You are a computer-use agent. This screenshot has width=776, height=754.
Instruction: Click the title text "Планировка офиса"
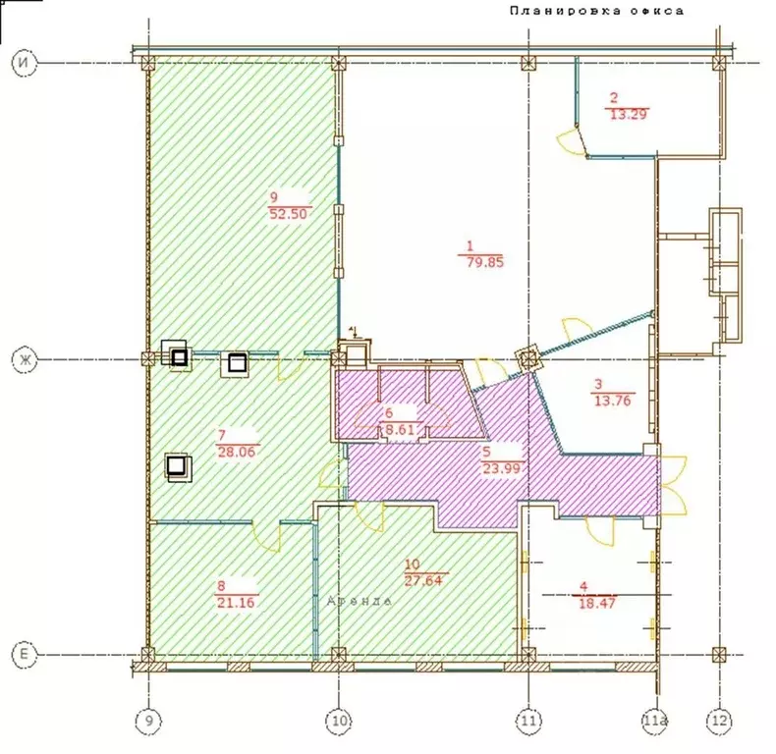coord(595,11)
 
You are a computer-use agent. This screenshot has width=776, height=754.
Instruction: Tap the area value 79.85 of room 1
coord(482,263)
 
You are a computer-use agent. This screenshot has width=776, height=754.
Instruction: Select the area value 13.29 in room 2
coord(629,113)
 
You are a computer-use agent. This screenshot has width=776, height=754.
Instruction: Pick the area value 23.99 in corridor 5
coord(499,468)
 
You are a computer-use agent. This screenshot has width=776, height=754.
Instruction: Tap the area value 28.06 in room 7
coord(234,451)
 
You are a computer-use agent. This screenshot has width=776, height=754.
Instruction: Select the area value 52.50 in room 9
coord(289,214)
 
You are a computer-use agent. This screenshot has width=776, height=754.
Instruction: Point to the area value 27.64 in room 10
coord(426,580)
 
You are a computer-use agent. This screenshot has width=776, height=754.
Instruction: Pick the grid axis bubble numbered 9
coord(147,723)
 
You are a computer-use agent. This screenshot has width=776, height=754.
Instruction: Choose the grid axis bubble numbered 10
coord(338,723)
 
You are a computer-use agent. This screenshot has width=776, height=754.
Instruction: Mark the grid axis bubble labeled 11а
coord(653,723)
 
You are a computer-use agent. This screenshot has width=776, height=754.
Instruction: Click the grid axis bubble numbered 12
coord(719,723)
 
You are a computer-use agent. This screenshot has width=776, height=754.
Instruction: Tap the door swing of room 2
coord(568,142)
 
